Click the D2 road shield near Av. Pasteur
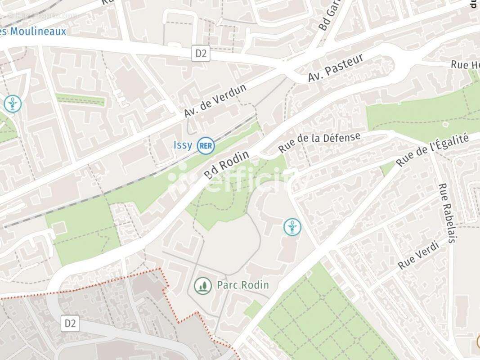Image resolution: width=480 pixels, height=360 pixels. coord(201,54)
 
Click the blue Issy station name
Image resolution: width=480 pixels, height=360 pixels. coord(183,145)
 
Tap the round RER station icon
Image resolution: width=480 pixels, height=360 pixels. coord(206,145)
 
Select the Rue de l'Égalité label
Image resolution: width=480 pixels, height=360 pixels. coord(432,149)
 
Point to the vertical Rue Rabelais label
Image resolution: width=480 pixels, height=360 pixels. coord(447,213)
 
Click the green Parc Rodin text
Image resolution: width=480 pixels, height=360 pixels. coord(242,285)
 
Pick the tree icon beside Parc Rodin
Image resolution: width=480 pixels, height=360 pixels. coord(203,285)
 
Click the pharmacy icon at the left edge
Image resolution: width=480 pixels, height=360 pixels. coord(13,103)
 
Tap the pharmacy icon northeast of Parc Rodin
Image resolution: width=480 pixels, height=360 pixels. coord(292,226)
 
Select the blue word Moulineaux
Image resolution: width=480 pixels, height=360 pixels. coord(36,31)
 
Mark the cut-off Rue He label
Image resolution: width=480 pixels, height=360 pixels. coord(465,65)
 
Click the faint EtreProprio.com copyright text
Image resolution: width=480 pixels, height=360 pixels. coord(43,15)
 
